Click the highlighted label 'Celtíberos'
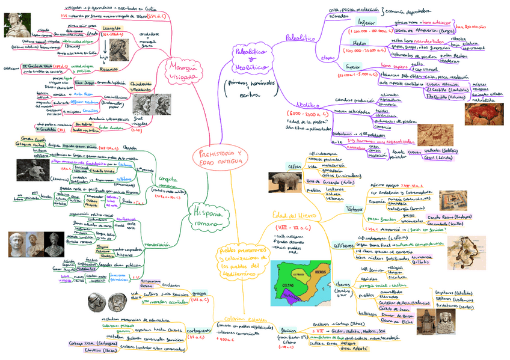tap(340, 246)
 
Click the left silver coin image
tap(95, 301)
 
